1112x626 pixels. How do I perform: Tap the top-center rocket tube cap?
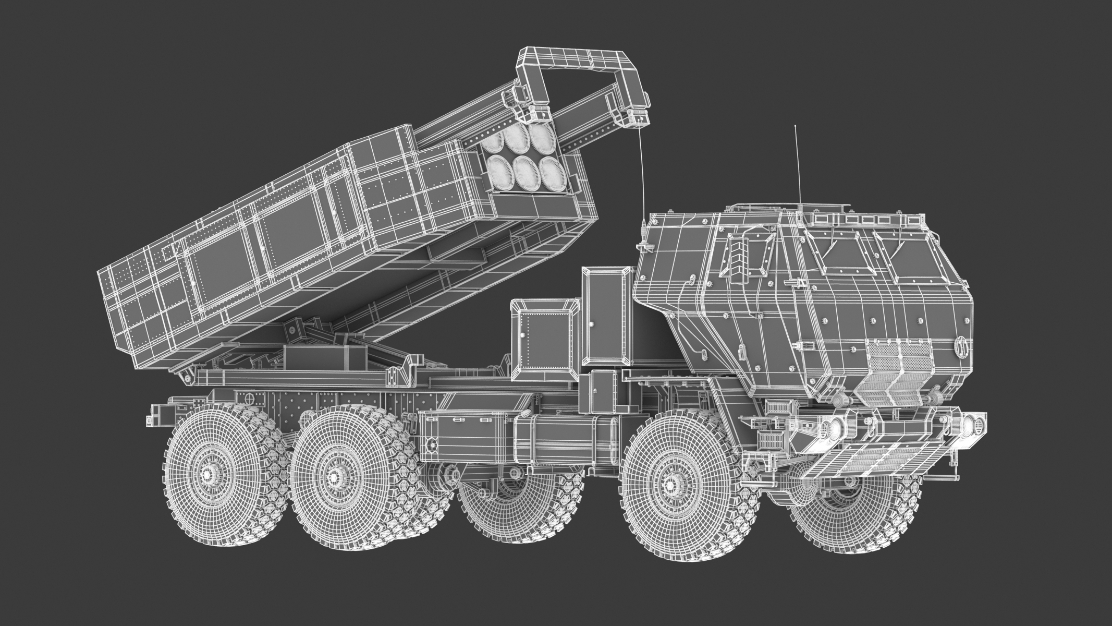tap(516, 135)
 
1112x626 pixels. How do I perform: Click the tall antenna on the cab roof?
tap(796, 167)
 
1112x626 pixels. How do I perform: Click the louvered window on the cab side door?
tap(742, 255)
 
